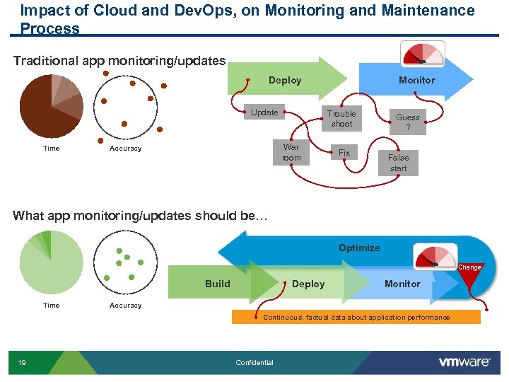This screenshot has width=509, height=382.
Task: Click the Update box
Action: coord(264,112)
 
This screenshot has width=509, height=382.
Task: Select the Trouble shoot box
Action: coord(341,119)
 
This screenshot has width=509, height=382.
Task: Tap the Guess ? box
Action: coord(407,122)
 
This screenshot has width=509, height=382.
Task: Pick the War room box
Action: coord(291,153)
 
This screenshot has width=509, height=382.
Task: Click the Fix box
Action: coord(344,153)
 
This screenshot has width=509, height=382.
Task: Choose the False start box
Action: coord(399,163)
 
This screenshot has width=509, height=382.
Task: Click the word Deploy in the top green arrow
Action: coord(285,81)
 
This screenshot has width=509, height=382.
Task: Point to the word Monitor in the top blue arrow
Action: coord(416,81)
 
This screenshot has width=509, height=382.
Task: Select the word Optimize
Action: coord(359,248)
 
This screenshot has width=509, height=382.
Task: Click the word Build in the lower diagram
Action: coord(218,284)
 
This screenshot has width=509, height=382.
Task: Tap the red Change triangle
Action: coord(469,277)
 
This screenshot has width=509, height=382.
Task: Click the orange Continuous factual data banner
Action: coord(356,318)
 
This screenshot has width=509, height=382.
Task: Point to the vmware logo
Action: coord(464,362)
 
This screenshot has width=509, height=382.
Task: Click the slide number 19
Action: coord(23,363)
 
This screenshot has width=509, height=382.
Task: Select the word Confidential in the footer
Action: coord(255,363)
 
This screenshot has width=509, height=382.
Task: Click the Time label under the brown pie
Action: coord(52,149)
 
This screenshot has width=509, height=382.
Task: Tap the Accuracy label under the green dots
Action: coord(125,306)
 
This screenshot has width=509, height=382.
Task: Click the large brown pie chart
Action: coord(51,106)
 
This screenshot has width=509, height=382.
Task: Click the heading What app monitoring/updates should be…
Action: coord(141,216)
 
